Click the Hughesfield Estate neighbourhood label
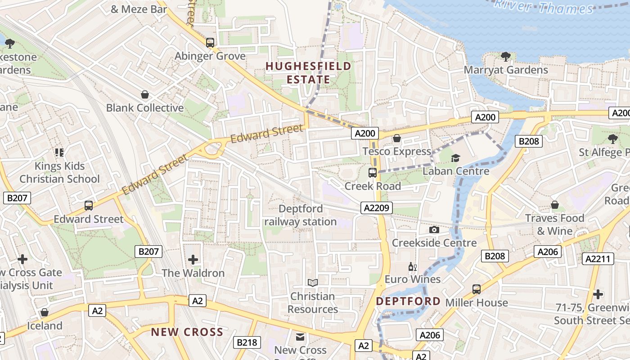coord(308,73)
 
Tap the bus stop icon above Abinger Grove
coord(210,43)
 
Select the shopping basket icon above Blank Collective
coord(145,94)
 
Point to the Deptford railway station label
coord(301,215)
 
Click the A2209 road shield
coord(377,207)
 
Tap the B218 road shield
coord(247,342)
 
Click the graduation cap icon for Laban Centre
coord(456,158)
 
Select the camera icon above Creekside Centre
coord(434,230)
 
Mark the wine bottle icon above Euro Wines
coord(412,267)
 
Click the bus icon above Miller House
coord(477,289)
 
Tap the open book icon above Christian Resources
coord(313,283)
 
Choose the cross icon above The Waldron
coord(193,260)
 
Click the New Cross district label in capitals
coord(187,332)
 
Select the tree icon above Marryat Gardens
coord(506,57)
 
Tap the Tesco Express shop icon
coord(397,138)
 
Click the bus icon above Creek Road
coord(373,172)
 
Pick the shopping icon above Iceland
coord(45,312)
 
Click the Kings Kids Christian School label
coord(59,172)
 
